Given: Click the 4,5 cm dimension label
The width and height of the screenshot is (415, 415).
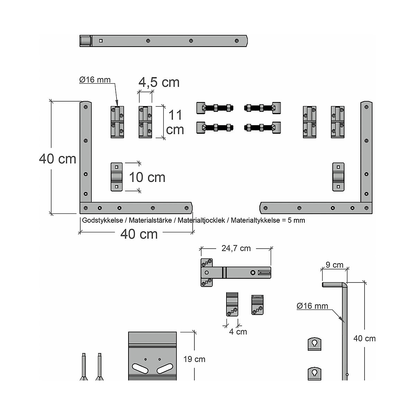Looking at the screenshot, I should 159,82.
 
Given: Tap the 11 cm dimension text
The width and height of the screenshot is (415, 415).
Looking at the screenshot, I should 175,122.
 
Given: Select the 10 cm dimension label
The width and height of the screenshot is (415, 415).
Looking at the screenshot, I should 147,177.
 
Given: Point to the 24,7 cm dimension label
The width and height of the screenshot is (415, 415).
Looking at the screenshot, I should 236,248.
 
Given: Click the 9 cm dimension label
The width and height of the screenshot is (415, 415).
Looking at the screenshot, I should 334,265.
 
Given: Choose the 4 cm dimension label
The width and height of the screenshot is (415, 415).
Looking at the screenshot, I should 238,332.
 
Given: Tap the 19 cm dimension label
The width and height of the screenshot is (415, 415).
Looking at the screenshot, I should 194,359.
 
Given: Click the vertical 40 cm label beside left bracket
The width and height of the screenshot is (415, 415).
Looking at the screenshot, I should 57,159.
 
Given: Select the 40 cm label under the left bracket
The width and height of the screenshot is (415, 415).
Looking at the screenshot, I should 139,234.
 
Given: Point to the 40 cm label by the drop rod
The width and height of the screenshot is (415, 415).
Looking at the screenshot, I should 365,339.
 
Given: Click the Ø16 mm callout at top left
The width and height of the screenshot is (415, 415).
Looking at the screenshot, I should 95,80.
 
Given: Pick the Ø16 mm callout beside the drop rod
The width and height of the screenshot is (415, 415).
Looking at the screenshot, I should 312,306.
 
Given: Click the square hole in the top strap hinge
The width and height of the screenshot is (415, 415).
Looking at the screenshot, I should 101,41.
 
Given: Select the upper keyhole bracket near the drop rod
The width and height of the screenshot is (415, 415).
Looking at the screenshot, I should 314,344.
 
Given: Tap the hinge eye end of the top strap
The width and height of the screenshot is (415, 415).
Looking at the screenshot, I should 85,41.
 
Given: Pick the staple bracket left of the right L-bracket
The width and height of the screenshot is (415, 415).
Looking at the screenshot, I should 338,177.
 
